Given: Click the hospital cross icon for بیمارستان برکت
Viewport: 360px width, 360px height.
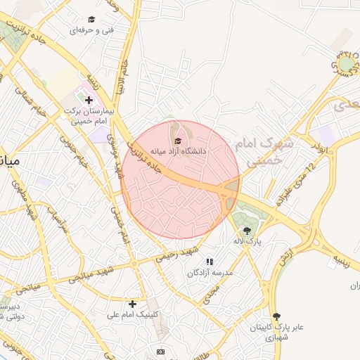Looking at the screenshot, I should pyautogui.click(x=89, y=101).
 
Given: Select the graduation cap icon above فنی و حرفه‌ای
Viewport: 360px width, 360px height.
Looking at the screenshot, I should pyautogui.click(x=91, y=19).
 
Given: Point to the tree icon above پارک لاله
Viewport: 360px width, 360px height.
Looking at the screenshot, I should pyautogui.click(x=246, y=230).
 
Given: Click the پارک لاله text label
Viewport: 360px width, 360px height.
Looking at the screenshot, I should pyautogui.click(x=247, y=241).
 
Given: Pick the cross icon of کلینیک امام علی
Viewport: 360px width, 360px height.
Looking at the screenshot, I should pyautogui.click(x=132, y=304).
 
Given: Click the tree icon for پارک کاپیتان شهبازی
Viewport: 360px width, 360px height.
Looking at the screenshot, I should pyautogui.click(x=276, y=316).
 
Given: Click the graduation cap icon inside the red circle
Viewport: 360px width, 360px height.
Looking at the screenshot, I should pyautogui.click(x=176, y=140).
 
